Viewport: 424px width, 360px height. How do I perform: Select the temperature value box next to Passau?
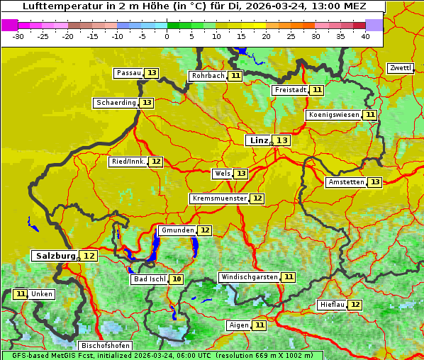(x=152, y=73)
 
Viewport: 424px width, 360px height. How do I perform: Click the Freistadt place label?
(x=290, y=90)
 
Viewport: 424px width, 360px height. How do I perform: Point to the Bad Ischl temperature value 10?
(x=177, y=279)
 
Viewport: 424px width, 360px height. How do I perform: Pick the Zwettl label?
(x=400, y=68)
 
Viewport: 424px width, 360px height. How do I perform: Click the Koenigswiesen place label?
(x=333, y=115)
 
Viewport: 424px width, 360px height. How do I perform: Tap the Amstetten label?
(x=345, y=182)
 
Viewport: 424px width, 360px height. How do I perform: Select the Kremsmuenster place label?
(x=219, y=198)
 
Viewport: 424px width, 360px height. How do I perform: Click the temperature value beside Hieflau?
(x=355, y=305)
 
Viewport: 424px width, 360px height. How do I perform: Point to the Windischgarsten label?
(x=248, y=277)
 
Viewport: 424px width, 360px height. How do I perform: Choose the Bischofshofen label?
(x=105, y=346)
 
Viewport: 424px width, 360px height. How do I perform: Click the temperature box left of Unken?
(x=21, y=294)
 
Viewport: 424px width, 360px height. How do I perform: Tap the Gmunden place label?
(x=177, y=230)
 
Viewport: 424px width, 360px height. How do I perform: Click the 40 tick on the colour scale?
(x=365, y=36)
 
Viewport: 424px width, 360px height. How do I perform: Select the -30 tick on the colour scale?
(x=18, y=36)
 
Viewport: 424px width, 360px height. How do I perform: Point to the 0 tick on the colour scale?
(x=167, y=36)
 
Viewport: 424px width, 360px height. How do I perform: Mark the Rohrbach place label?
(x=208, y=76)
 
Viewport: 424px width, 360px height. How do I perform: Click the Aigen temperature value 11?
(x=260, y=325)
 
